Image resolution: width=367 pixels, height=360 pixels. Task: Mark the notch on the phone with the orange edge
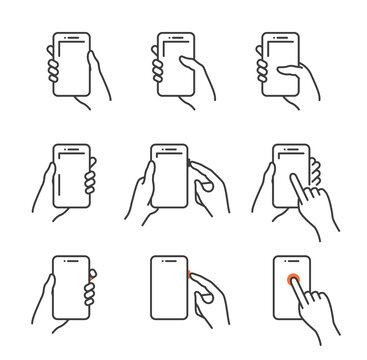168,261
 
